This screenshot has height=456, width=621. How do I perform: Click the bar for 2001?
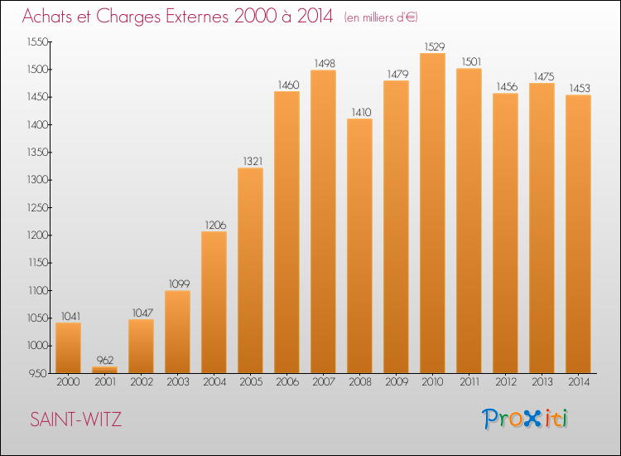tap(104, 370)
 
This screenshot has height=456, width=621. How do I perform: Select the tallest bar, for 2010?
tap(432, 213)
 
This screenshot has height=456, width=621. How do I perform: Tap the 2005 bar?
tap(250, 270)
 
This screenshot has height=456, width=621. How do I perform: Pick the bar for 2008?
tap(359, 246)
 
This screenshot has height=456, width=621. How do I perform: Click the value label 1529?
tap(435, 46)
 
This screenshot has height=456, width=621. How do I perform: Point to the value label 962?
tap(105, 360)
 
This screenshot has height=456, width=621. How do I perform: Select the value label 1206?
tap(215, 226)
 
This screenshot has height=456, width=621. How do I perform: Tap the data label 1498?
tap(325, 64)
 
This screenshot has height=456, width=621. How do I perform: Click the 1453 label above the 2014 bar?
tap(580, 88)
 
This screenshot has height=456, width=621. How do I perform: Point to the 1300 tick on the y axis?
tap(38, 180)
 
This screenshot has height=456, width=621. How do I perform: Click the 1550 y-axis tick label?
tap(37, 42)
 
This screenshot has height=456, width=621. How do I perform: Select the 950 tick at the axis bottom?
tap(38, 374)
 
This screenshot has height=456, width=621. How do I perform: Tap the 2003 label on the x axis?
tap(178, 382)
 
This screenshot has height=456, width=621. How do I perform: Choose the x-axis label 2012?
tap(506, 382)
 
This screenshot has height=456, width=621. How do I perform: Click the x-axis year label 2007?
tap(324, 382)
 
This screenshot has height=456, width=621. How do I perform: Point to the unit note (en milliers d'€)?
tap(381, 17)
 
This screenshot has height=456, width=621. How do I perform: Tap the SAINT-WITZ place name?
tap(75, 420)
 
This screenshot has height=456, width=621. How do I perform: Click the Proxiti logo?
tap(525, 419)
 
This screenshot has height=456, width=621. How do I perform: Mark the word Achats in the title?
tap(47, 16)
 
